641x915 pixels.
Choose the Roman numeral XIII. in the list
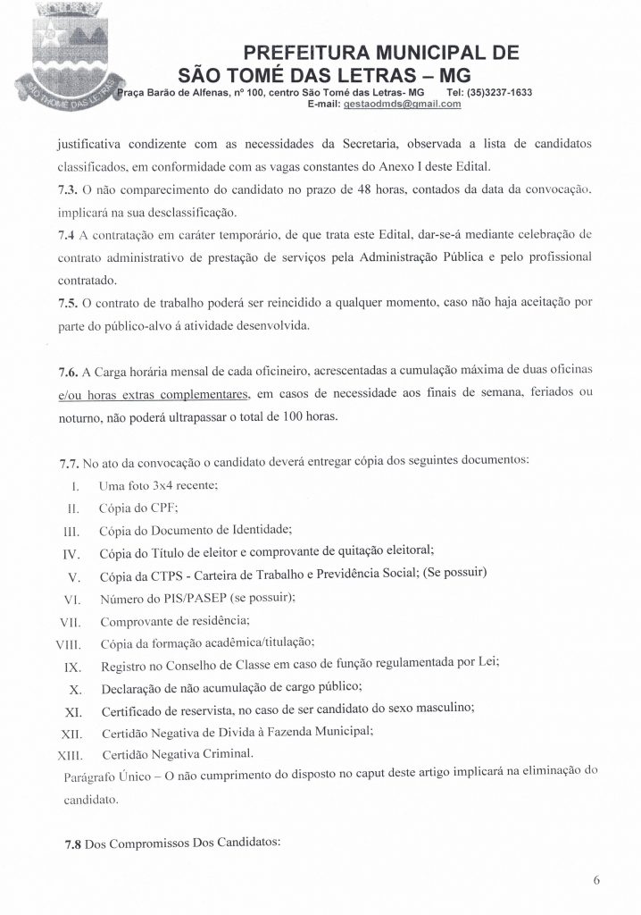coord(69,755)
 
